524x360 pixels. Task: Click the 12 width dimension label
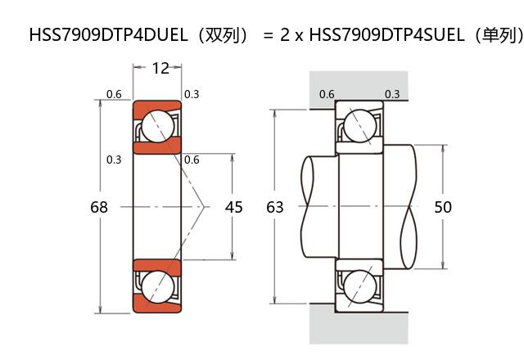[160, 69]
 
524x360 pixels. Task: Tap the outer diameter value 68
[99, 208]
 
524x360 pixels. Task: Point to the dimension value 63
[275, 208]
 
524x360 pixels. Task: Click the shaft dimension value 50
[443, 208]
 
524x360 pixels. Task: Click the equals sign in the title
[267, 35]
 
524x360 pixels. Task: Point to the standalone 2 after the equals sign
[286, 35]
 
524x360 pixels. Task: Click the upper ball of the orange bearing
[157, 126]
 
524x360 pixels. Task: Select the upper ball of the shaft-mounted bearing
[359, 126]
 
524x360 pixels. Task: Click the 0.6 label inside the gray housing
[326, 94]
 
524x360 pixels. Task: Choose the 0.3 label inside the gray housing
[392, 94]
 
